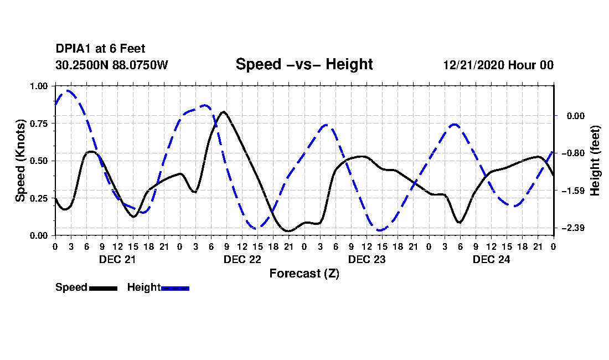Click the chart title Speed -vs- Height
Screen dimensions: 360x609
point(304,64)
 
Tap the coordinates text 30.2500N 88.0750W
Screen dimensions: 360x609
point(111,65)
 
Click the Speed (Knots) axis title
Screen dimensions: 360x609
point(20,161)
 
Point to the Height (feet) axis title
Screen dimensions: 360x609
point(595,161)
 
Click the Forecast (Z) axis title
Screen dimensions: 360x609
point(304,273)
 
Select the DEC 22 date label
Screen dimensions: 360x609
point(242,259)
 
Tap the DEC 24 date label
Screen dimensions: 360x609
point(491,259)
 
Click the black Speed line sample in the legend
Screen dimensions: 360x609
point(103,288)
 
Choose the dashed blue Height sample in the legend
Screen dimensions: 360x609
point(175,288)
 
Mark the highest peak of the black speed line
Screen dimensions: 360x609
point(223,112)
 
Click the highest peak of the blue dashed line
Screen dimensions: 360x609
point(68,90)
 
